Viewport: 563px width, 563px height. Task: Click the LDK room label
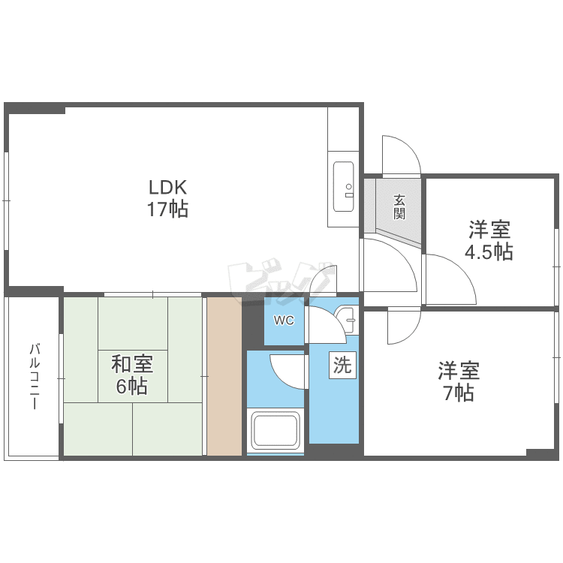167,187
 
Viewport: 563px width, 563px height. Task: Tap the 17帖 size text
167,209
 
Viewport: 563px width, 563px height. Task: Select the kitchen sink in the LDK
344,188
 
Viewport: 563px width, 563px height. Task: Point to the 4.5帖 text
489,251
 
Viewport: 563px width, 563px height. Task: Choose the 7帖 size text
459,393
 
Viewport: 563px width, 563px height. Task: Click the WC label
283,321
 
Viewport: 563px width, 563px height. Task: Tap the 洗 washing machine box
342,366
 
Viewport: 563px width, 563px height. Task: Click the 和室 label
132,365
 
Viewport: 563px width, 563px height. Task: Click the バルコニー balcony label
34,376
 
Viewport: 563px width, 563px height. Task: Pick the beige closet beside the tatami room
224,376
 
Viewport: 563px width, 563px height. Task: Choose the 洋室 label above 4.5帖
489,228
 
